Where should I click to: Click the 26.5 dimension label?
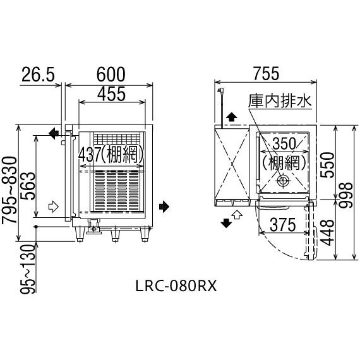38,74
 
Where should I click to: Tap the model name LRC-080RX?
176,285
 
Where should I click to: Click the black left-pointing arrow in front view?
54,133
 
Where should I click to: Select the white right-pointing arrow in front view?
54,206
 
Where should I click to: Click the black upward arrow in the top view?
232,117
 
